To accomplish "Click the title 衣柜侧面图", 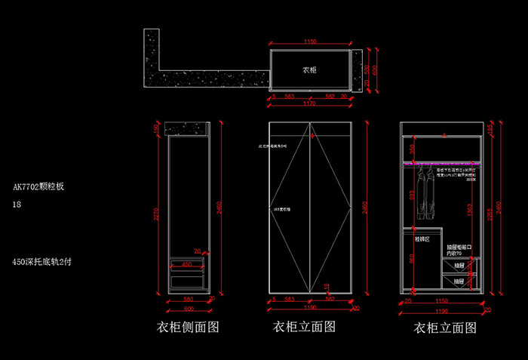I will pos(187,328).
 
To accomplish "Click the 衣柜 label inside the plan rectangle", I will pos(309,69).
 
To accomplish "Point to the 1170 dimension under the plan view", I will pos(309,103).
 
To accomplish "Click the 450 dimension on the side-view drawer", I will pos(186,264).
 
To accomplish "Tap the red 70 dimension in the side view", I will pos(197,251).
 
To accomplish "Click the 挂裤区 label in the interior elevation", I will pos(421,238).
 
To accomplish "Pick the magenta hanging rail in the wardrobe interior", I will pos(442,162).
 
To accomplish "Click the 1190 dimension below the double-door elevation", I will pos(309,308).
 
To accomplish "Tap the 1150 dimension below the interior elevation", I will pos(442,300).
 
